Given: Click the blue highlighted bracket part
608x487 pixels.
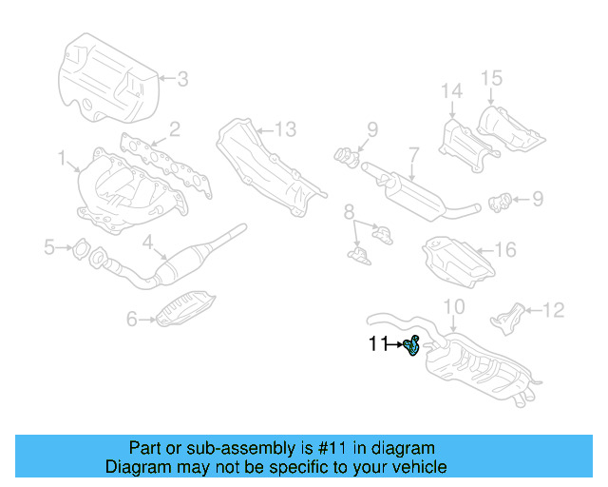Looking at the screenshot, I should [412, 346].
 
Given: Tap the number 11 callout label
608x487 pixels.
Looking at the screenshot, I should [379, 344].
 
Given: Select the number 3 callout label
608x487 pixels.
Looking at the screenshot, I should [182, 79].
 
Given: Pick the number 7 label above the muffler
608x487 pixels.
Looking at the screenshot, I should [414, 152].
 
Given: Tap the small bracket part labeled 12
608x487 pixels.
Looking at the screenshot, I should [511, 315].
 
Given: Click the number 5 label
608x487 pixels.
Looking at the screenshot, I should [49, 248].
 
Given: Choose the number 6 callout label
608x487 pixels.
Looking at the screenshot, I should [133, 320].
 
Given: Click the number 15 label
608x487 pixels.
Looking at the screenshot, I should [490, 77].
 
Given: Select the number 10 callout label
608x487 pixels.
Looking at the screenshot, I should [454, 306].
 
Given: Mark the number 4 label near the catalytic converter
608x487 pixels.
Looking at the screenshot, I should [147, 243].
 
